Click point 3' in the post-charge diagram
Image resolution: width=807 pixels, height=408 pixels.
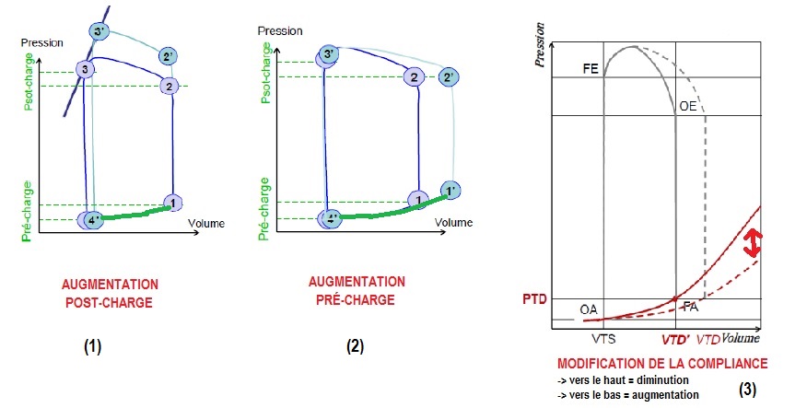(99, 32)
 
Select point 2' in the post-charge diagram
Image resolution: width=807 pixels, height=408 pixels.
(167, 56)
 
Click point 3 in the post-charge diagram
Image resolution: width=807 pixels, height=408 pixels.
(85, 70)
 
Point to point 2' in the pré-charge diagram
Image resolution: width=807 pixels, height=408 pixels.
(449, 77)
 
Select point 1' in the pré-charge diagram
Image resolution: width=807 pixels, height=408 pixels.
(450, 191)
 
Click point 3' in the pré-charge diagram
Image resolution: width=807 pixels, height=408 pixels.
(327, 56)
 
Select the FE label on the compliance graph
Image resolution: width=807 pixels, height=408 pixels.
(591, 69)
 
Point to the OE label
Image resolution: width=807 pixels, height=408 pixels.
(687, 107)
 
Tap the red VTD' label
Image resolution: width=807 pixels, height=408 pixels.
(676, 338)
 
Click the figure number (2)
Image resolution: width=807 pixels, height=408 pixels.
(355, 347)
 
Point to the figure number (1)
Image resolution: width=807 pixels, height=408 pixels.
(92, 347)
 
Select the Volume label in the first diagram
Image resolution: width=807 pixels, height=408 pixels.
(207, 223)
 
